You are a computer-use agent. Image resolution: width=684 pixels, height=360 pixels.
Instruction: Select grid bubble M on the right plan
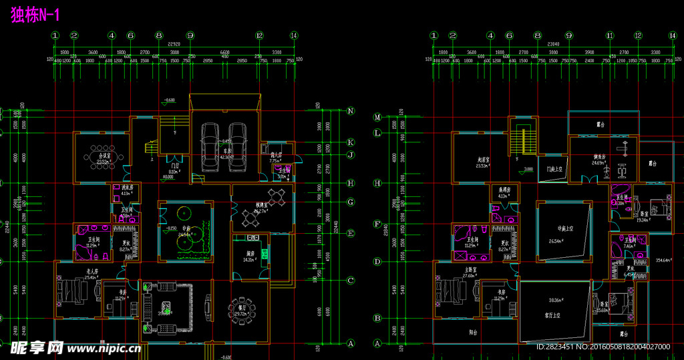(x=377, y=117)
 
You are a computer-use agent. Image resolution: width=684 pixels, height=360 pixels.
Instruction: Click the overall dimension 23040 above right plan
(x=552, y=45)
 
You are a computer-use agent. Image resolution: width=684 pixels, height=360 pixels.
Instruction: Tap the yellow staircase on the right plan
(x=522, y=138)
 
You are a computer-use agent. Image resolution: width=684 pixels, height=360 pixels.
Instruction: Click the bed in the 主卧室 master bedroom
(x=451, y=292)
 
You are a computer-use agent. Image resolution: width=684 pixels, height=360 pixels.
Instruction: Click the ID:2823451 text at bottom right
(x=553, y=347)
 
